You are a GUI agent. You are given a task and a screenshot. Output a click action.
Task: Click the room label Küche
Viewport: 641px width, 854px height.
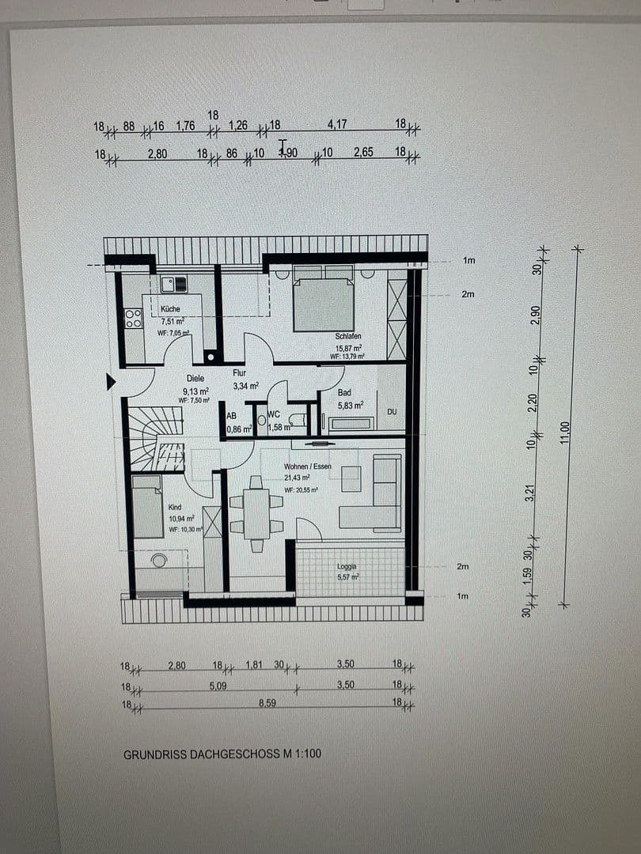(170, 309)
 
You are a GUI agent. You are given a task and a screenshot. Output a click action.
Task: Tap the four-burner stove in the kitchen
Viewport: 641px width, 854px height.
(133, 318)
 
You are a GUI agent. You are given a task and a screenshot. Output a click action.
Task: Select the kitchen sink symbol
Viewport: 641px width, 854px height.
(174, 283)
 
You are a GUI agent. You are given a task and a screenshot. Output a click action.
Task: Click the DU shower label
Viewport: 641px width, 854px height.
(392, 412)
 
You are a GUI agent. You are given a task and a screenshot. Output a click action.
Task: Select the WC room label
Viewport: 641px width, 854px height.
(275, 414)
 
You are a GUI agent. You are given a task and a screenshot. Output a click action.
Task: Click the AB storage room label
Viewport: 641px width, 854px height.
(231, 415)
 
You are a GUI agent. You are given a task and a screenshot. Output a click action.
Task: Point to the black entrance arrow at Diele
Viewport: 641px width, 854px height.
(111, 383)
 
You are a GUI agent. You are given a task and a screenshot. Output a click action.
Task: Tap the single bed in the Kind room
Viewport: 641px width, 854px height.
(147, 506)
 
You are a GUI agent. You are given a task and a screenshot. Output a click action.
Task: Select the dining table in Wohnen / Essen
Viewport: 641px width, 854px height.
(256, 513)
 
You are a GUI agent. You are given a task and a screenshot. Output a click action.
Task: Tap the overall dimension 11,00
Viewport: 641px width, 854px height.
(564, 432)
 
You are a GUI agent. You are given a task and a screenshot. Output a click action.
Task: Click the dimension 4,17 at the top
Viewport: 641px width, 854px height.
(337, 124)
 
